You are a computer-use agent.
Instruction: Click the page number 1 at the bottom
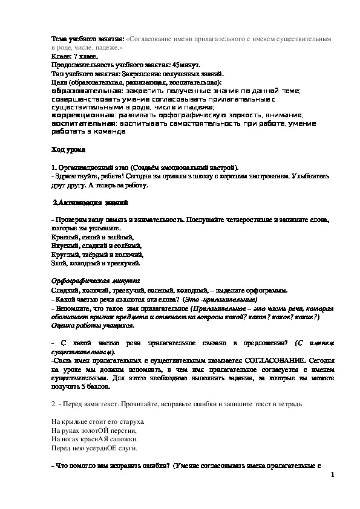[x=333, y=475]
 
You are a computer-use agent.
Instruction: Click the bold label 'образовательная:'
[x=87, y=89]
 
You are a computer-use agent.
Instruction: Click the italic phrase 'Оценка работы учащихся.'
[x=93, y=325]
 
